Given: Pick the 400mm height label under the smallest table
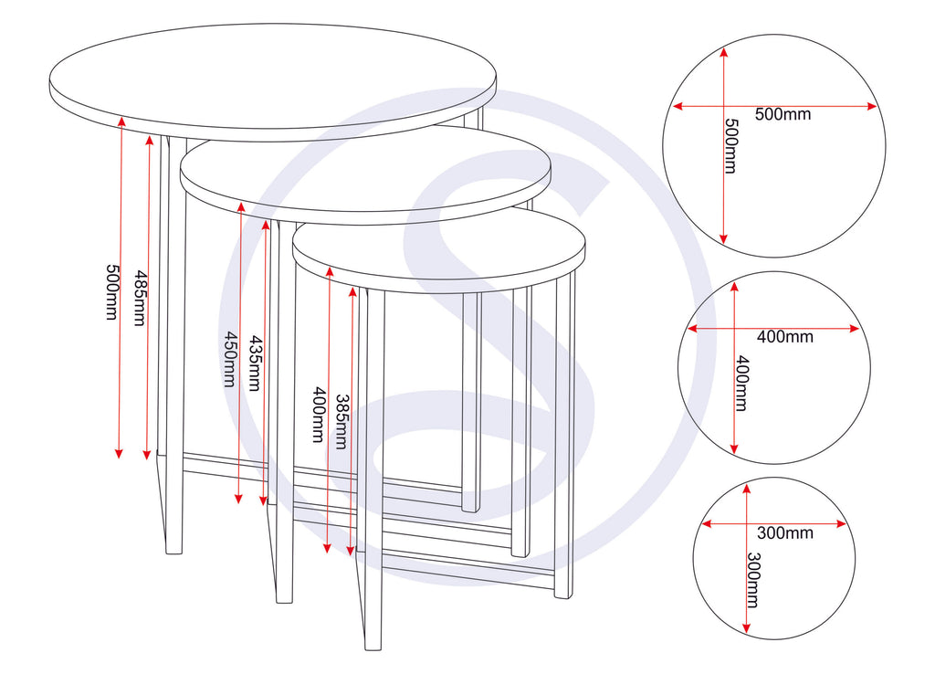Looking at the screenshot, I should (318, 415).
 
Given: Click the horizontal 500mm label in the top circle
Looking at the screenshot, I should (783, 114).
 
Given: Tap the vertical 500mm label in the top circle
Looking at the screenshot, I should (730, 146).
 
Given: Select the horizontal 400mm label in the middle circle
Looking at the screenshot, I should (784, 337).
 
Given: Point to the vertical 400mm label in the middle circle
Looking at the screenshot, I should (741, 383).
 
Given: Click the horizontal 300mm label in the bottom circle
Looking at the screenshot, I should (785, 532).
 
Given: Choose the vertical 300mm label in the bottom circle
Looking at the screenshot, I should (753, 580).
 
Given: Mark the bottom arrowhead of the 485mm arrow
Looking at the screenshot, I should (148, 456).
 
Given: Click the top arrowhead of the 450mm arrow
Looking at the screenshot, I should (239, 206).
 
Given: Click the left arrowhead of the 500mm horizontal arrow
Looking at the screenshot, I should (677, 106).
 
